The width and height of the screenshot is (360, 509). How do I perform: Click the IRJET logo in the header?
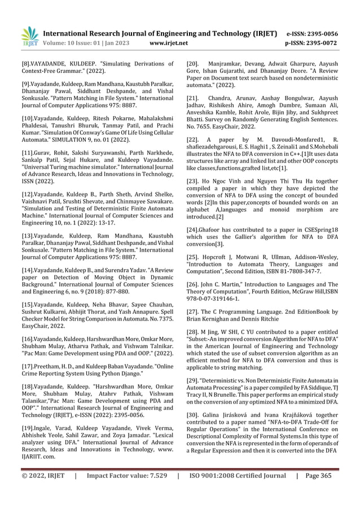coord(28,36)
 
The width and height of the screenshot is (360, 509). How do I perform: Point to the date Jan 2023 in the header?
coord(118,43)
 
